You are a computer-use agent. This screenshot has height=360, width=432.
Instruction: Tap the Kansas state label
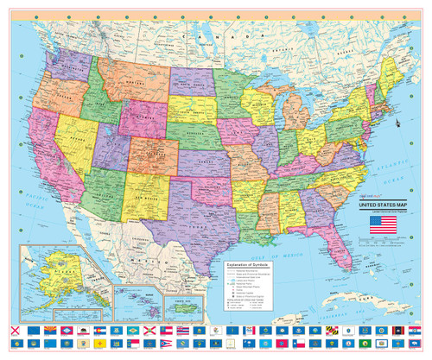click(205, 161)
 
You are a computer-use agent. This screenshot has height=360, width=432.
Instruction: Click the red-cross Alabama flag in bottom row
click(13, 332)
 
